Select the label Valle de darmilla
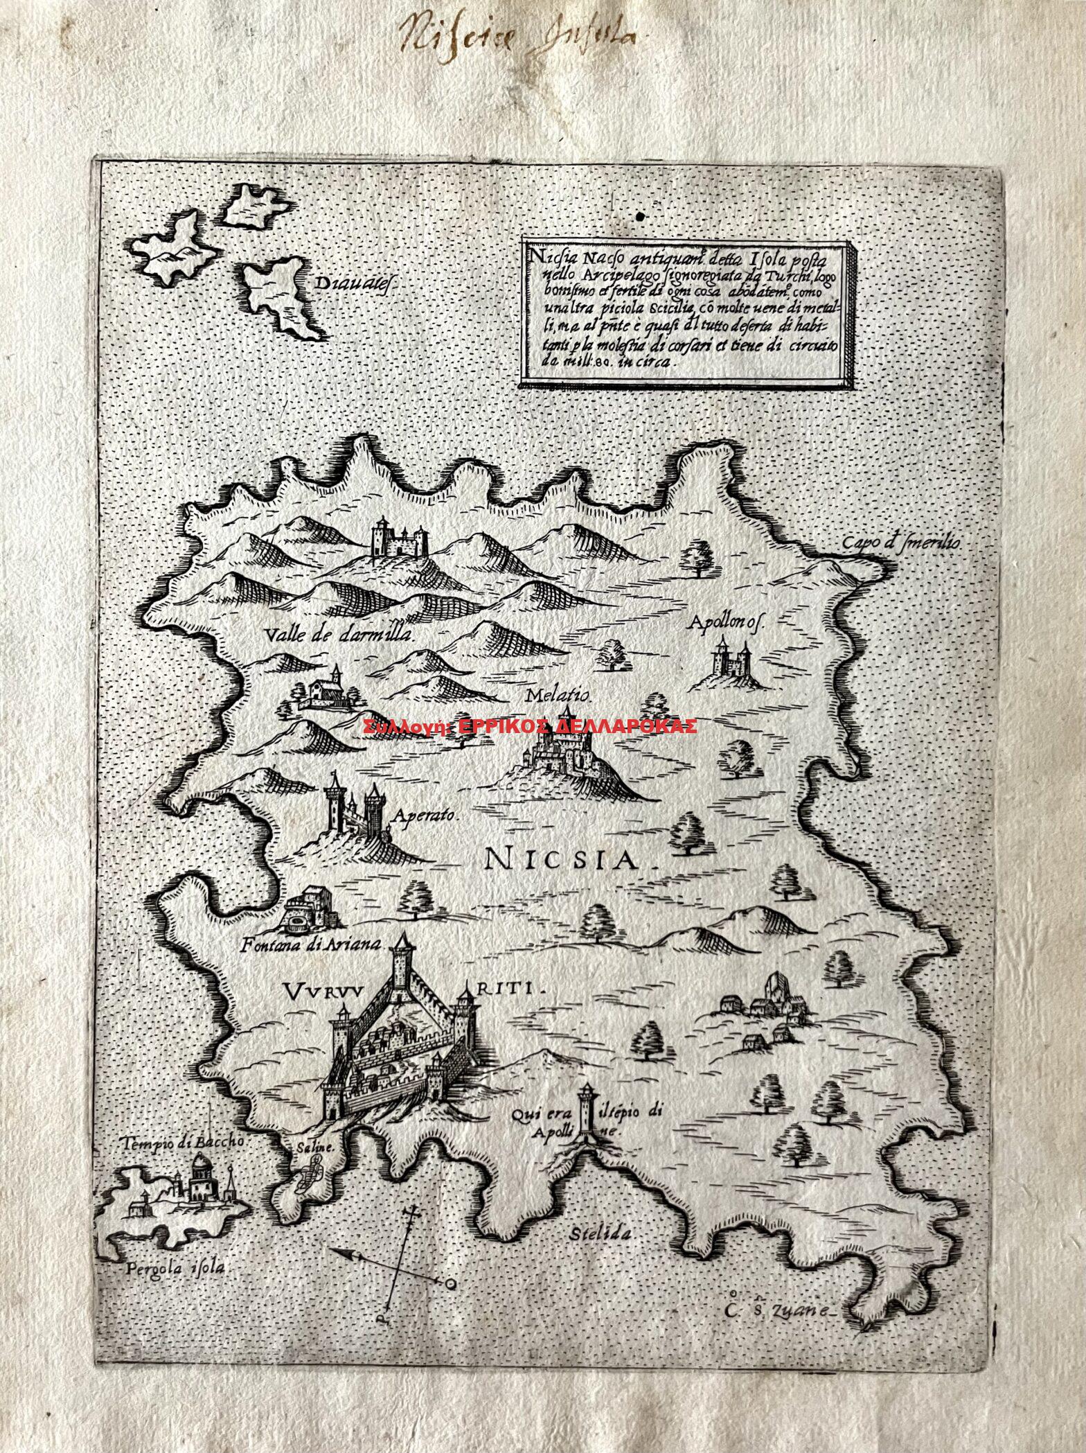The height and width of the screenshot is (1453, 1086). click(x=339, y=634)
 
